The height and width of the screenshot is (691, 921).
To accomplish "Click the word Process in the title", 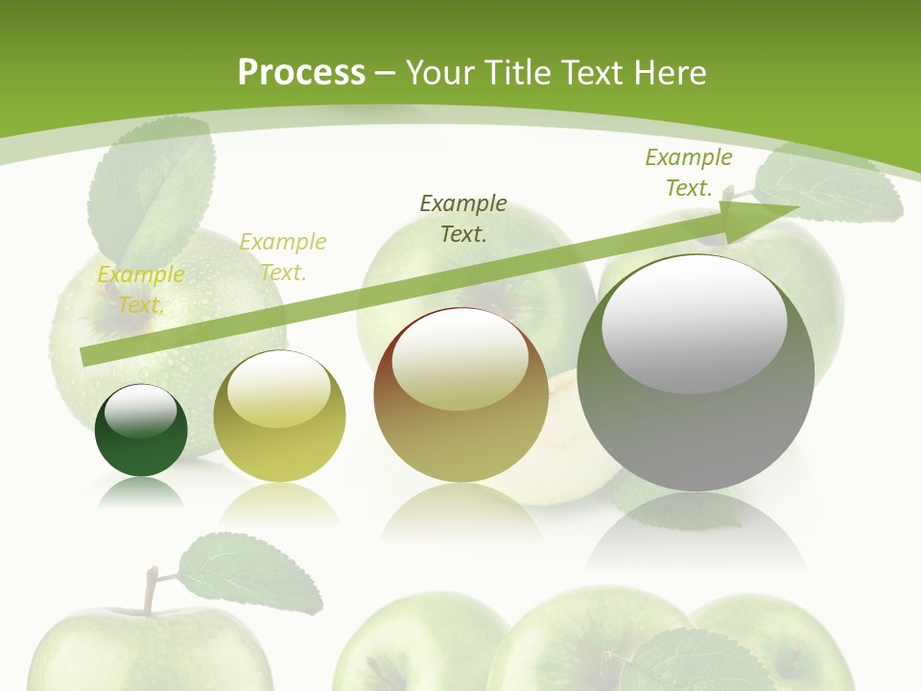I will pyautogui.click(x=301, y=73).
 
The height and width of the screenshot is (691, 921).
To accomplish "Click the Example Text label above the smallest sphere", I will pyautogui.click(x=141, y=289).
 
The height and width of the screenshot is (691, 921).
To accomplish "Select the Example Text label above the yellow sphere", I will pyautogui.click(x=282, y=256).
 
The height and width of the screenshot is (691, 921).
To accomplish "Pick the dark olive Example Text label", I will pyautogui.click(x=463, y=218).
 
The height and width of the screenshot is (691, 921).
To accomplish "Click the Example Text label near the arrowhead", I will pyautogui.click(x=688, y=172).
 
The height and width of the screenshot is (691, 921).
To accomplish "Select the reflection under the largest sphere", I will pyautogui.click(x=696, y=537).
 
